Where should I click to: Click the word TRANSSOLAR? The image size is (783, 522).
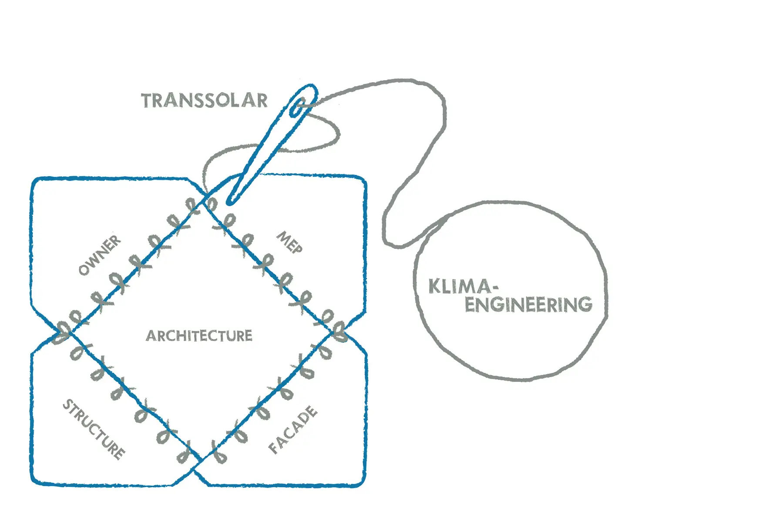coord(204,100)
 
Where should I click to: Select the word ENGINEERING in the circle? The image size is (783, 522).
coord(528,304)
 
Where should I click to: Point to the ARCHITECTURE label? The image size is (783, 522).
coord(199,336)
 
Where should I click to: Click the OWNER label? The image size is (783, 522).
coord(100,255)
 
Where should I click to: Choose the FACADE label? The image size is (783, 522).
coord(293,429)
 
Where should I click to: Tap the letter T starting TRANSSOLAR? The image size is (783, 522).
coord(147,100)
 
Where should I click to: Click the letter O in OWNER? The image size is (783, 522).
coord(84,270)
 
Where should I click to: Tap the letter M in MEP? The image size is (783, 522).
coord(284,237)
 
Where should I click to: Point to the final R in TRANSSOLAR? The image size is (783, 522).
coord(261,100)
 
